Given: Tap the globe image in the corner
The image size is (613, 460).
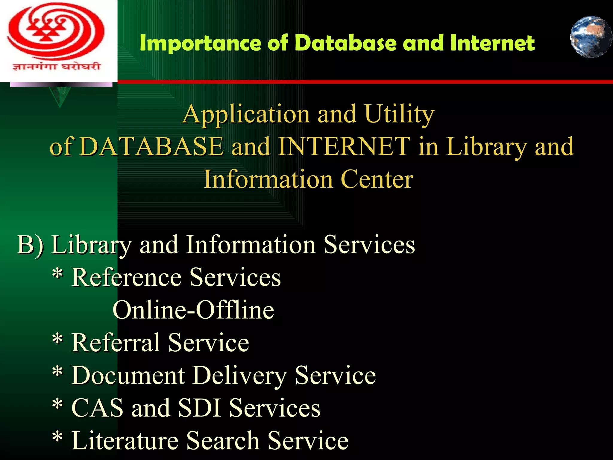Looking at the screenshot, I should [x=591, y=37].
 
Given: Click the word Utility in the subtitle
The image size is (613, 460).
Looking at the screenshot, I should [x=400, y=114].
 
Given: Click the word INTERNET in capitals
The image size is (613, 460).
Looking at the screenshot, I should [x=344, y=146].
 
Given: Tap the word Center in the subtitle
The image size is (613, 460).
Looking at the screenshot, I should [x=377, y=179].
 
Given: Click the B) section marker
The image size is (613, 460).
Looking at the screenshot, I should [x=30, y=245].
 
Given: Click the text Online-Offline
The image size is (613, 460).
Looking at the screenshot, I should [x=193, y=310].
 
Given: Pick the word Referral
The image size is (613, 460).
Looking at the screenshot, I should [x=116, y=342].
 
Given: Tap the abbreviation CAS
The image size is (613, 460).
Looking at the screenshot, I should [x=97, y=408].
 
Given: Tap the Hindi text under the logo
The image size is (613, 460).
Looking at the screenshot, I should [x=56, y=66].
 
